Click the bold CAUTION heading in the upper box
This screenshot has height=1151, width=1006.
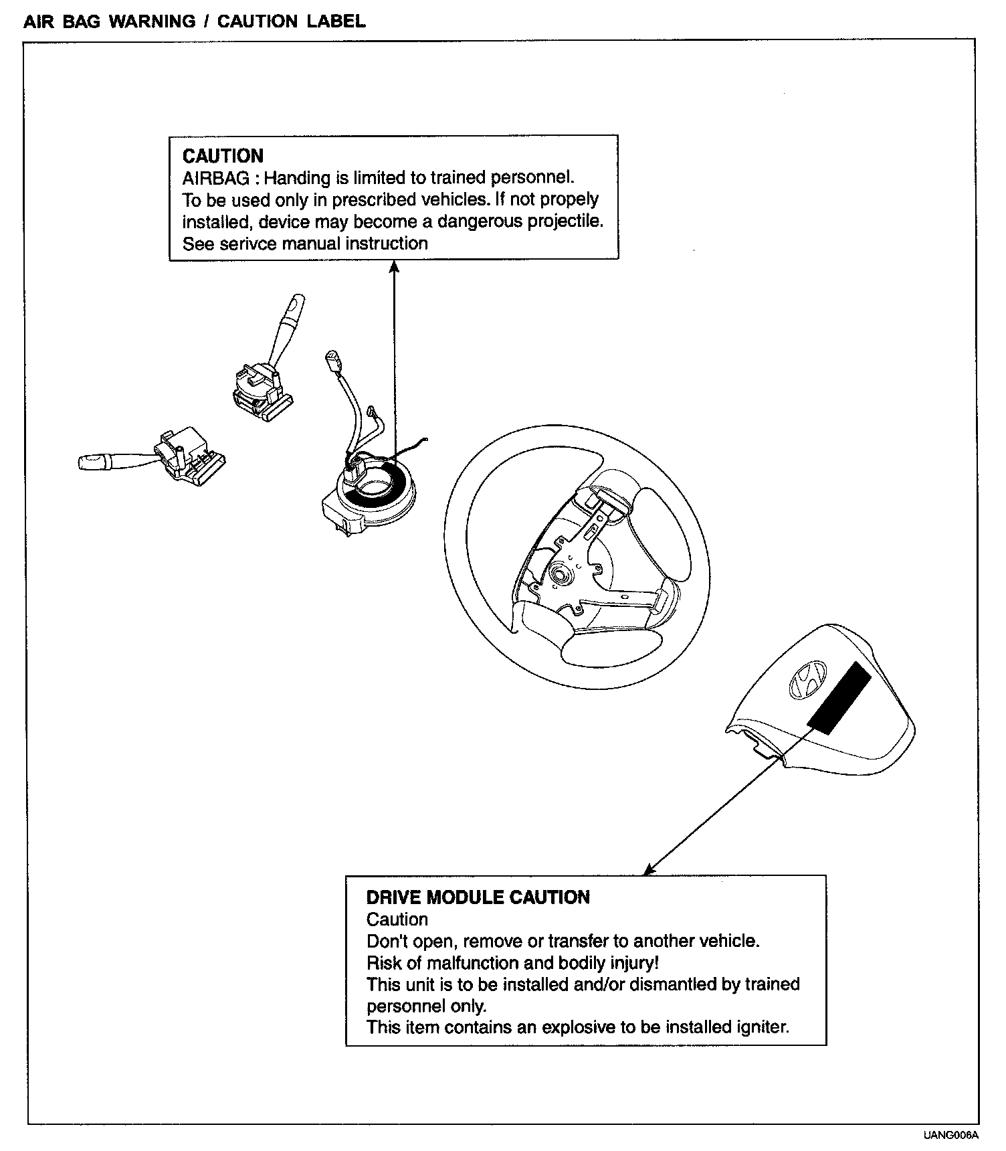coord(223,156)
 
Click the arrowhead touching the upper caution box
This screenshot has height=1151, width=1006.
coord(394,267)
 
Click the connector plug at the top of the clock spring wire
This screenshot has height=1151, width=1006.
coord(332,359)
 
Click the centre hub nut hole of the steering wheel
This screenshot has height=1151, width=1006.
coord(558,573)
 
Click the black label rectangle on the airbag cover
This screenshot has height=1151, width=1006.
coord(839,697)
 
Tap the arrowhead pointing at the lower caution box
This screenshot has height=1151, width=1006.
coord(648,869)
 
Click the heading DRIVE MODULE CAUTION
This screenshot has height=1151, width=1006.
coord(478,897)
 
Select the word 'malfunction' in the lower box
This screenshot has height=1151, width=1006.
coord(468,963)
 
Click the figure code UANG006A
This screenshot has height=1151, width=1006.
coord(951,1135)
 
